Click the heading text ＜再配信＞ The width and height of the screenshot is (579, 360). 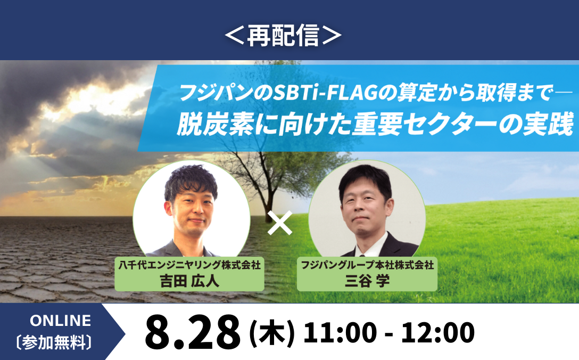(283, 36)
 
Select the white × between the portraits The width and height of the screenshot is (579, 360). (280, 223)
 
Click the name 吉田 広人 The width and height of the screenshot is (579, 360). (189, 281)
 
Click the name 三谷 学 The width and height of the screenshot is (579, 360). (367, 281)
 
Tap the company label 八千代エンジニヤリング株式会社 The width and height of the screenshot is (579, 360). (189, 265)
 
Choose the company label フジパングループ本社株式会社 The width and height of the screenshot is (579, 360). (367, 265)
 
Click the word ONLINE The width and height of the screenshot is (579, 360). (61, 321)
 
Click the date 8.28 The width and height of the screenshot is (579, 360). (193, 332)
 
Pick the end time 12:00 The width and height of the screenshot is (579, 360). (437, 332)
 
